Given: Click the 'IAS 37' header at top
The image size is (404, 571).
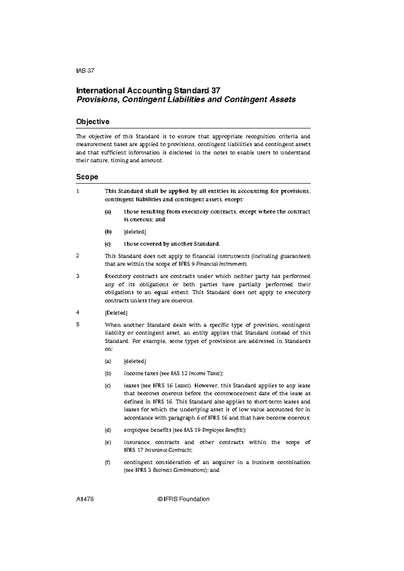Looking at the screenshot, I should [85, 71].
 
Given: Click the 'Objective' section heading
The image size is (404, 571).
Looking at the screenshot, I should [93, 122].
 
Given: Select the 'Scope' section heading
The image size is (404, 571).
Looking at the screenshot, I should [87, 177].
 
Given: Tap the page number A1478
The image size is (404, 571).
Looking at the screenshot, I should [85, 499].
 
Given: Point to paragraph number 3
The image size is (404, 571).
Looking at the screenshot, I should [78, 276].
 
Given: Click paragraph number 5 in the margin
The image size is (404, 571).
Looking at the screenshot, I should [78, 325].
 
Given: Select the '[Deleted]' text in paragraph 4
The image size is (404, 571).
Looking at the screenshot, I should [116, 313].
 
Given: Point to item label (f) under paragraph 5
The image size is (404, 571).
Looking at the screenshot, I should [107, 462].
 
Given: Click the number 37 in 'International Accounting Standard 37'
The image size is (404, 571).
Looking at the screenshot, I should [215, 91].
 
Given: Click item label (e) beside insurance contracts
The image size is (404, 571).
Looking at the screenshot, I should [107, 442].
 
